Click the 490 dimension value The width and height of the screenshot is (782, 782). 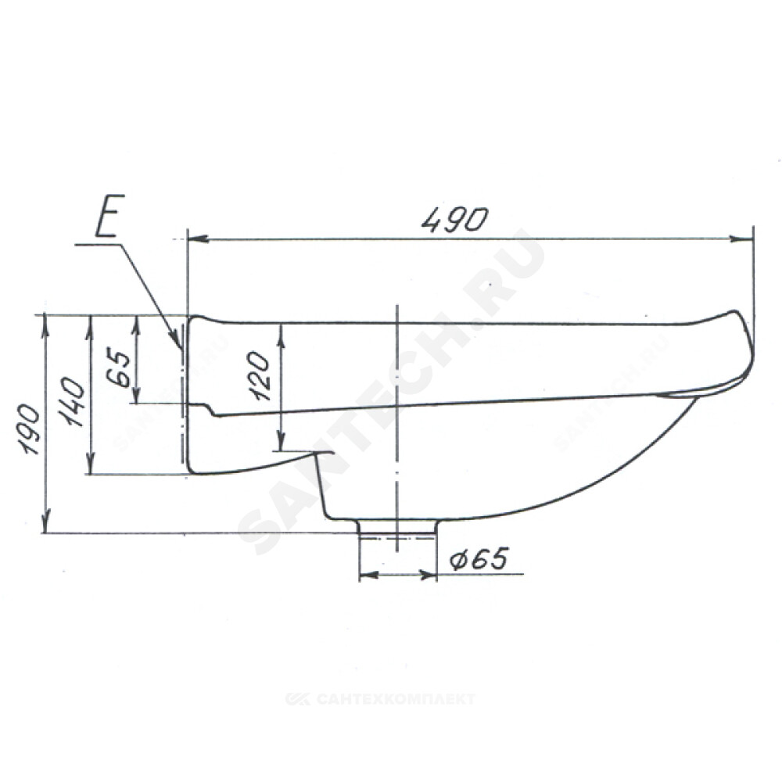tap(453, 220)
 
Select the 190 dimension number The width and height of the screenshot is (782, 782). tap(28, 429)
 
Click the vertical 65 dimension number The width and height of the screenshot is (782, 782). tap(119, 368)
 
